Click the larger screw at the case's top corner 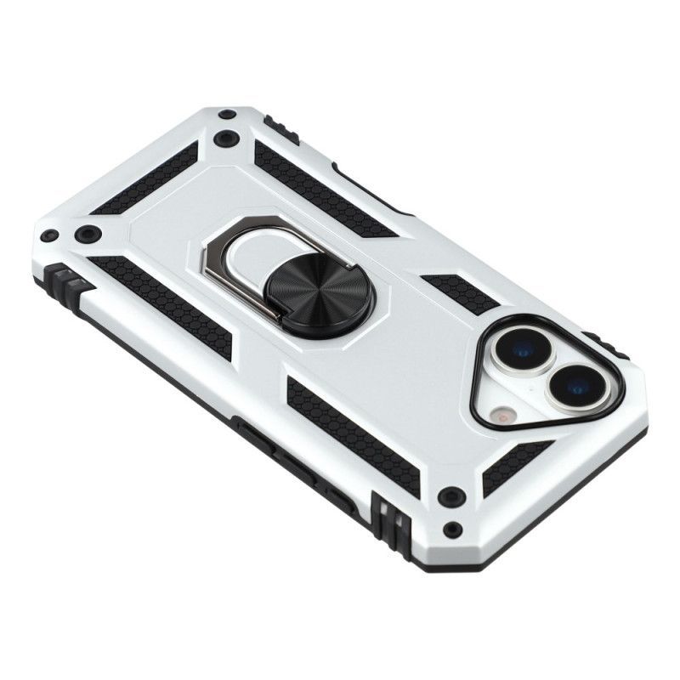pos(225,139)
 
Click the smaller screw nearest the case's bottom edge pos(452,530)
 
